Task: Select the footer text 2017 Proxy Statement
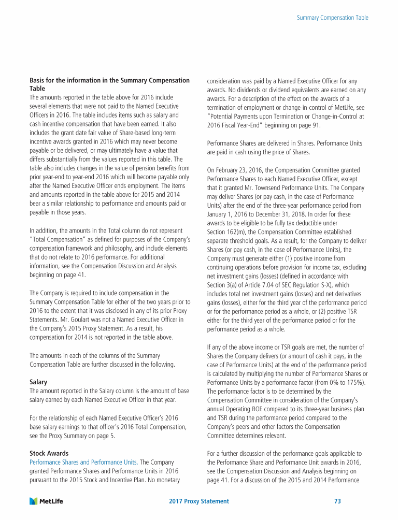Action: tap(199, 501)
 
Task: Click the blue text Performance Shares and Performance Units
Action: tap(83, 461)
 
